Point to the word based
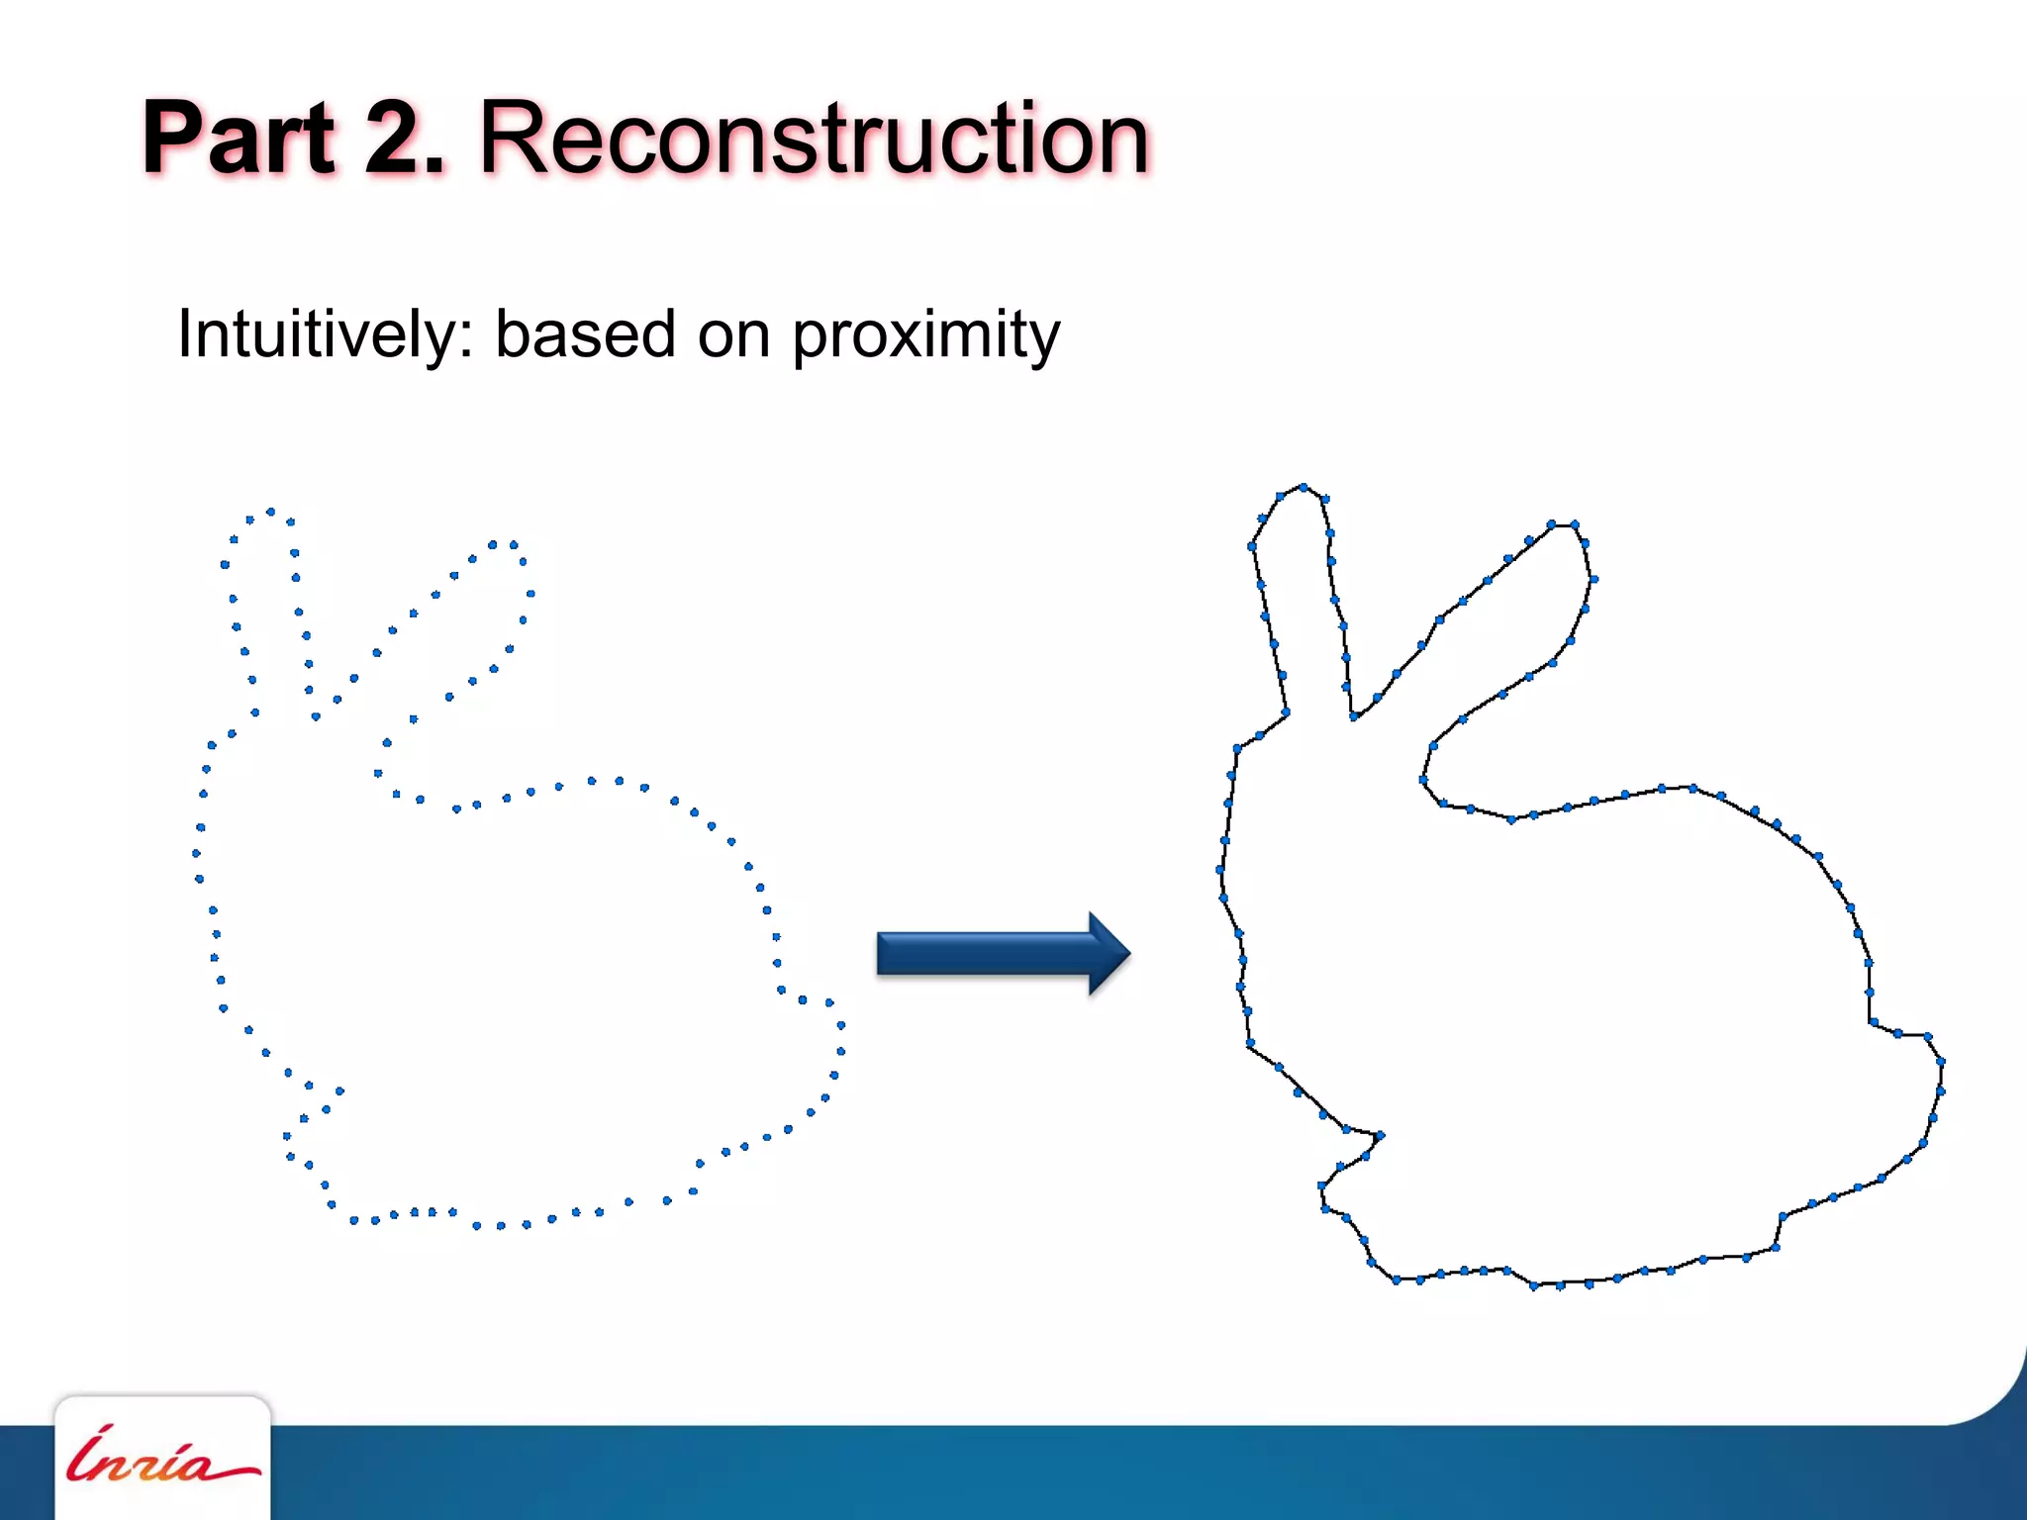pyautogui.click(x=585, y=334)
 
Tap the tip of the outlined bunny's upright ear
pyautogui.click(x=1303, y=487)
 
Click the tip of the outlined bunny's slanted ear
pyautogui.click(x=1564, y=525)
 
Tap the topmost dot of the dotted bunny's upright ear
pyautogui.click(x=270, y=512)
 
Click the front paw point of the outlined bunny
pyautogui.click(x=1380, y=1135)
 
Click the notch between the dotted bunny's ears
pyautogui.click(x=316, y=715)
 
